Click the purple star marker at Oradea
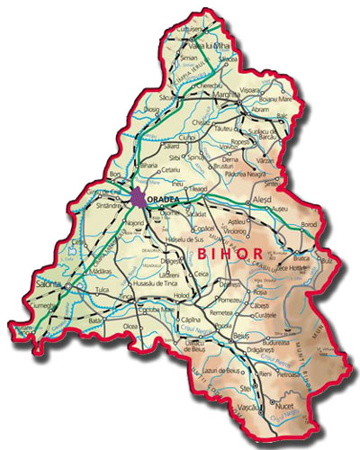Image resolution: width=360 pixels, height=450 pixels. click(x=136, y=196)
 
